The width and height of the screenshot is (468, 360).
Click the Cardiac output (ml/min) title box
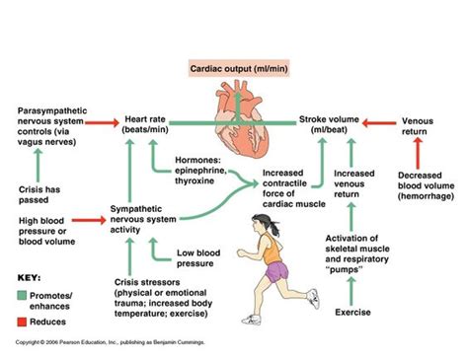click(x=234, y=68)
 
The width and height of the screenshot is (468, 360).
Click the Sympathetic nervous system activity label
click(x=139, y=218)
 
